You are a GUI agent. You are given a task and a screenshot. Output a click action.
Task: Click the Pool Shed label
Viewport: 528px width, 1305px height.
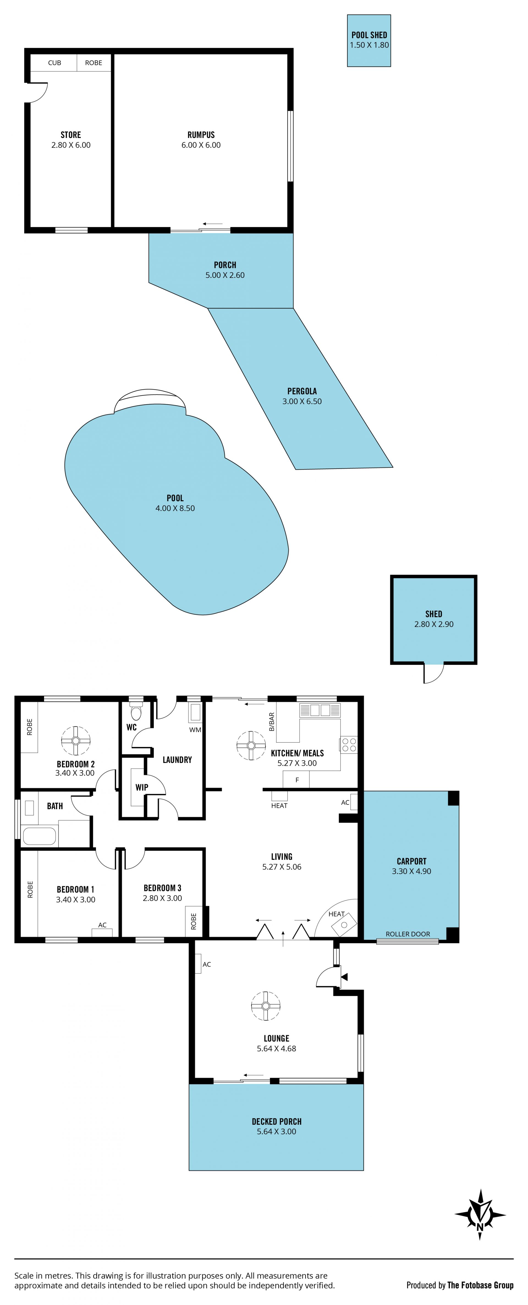pyautogui.click(x=369, y=35)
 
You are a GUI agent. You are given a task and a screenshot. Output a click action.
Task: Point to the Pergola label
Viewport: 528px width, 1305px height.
pyautogui.click(x=302, y=391)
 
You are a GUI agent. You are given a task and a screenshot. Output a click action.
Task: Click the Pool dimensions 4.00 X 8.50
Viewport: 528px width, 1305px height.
pyautogui.click(x=175, y=508)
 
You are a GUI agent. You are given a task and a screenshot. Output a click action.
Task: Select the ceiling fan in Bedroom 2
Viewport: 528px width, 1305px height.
pyautogui.click(x=76, y=741)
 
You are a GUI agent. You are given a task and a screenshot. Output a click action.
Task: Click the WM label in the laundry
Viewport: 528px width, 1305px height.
pyautogui.click(x=195, y=730)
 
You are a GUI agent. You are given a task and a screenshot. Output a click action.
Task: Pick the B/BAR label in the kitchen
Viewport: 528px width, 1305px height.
pyautogui.click(x=272, y=722)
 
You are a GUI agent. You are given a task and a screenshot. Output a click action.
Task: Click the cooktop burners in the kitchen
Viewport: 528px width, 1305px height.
pyautogui.click(x=349, y=745)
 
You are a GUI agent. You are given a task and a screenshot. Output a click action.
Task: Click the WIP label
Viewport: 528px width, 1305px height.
pyautogui.click(x=142, y=787)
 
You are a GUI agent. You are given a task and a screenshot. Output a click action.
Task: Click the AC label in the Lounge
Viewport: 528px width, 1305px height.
pyautogui.click(x=207, y=964)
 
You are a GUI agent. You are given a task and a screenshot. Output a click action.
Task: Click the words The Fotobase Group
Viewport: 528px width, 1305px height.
pyautogui.click(x=480, y=1285)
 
